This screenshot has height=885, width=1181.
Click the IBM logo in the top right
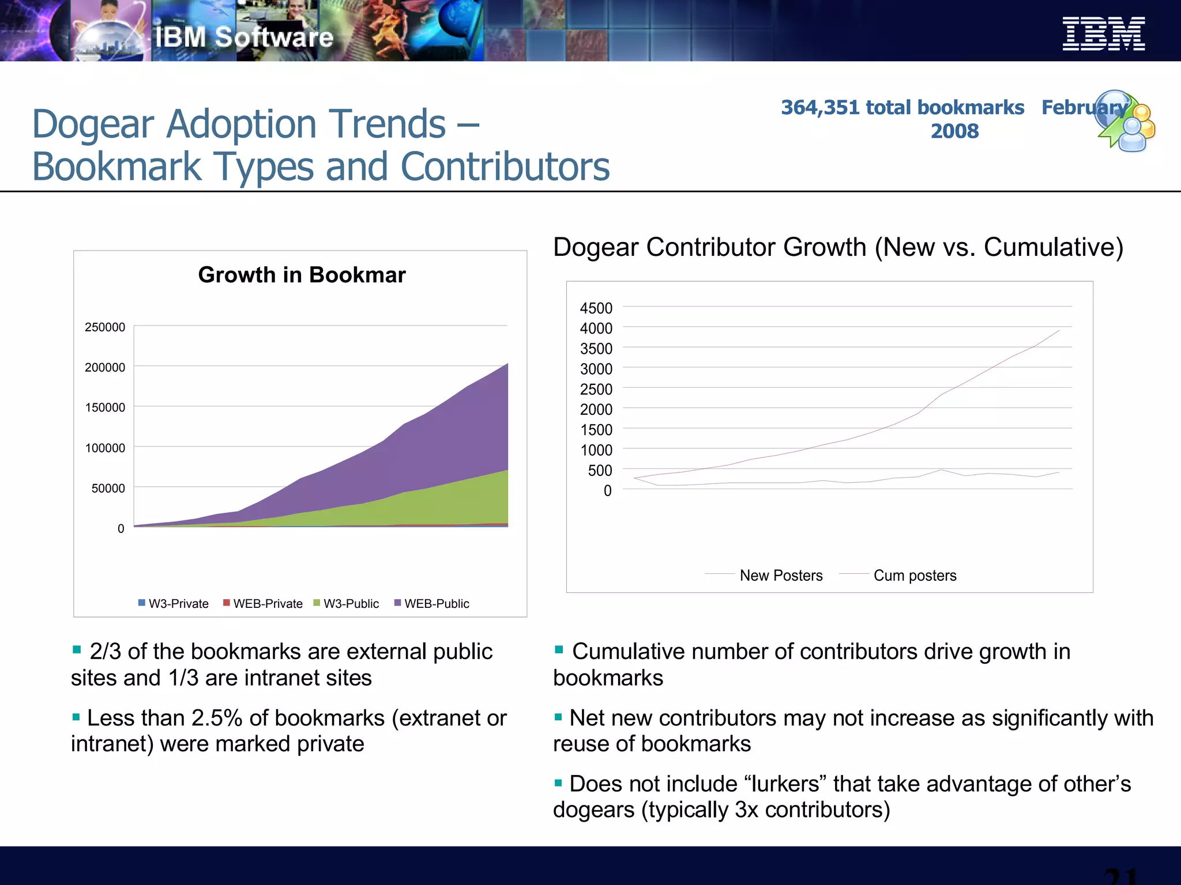pos(1103,34)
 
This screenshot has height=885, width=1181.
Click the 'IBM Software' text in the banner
pos(244,37)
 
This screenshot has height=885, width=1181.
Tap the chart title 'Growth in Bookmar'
pos(302,275)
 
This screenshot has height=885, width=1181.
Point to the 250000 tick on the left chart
pos(105,327)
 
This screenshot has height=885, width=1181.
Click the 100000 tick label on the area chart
pos(105,448)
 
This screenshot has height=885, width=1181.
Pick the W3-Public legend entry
pos(346,603)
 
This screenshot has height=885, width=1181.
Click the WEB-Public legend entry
pos(431,603)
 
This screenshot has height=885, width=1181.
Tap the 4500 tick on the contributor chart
pos(596,308)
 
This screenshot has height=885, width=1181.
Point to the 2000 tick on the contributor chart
pos(596,410)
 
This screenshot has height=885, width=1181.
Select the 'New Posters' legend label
pos(781,575)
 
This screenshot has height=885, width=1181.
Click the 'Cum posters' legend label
pos(915,575)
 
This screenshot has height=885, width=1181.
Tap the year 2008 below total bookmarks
pos(954,131)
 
